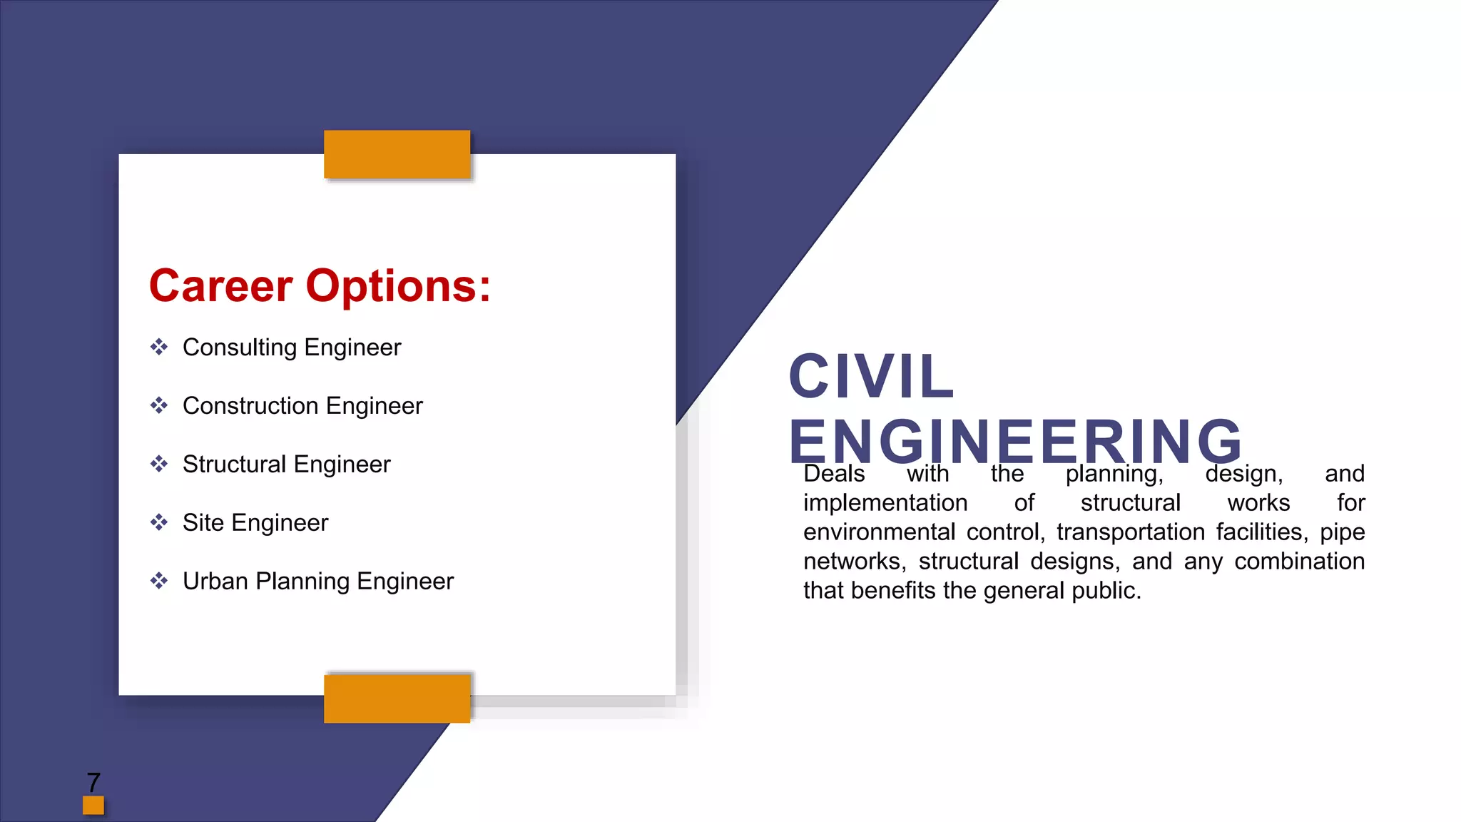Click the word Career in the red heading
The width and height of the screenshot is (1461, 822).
point(220,286)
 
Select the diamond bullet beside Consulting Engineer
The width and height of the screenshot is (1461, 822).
point(158,347)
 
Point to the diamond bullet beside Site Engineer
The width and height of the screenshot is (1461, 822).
point(158,523)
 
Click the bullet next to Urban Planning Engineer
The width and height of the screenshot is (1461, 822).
point(158,582)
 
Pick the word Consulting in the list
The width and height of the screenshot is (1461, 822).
point(240,347)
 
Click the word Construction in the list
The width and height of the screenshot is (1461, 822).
point(250,406)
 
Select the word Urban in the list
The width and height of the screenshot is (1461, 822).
point(215,582)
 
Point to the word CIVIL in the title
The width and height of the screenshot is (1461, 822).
point(871,376)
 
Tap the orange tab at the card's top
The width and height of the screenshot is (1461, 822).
point(397,154)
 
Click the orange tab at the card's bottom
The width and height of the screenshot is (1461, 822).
point(397,699)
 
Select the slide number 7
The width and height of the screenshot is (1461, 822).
point(93,782)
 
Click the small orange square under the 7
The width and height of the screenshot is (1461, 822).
point(93,805)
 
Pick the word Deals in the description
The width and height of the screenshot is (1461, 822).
point(834,474)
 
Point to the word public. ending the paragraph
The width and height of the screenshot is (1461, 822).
point(1106,591)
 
